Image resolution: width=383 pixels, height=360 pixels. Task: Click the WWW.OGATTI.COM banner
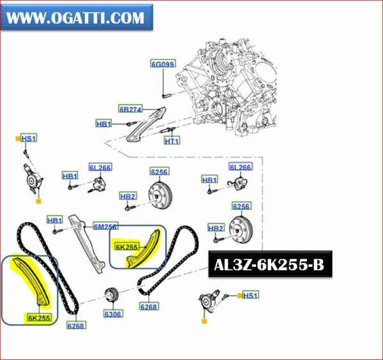tap(77, 17)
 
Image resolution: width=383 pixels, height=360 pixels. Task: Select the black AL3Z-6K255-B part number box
tap(270, 264)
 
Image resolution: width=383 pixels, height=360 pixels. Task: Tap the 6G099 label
tap(163, 64)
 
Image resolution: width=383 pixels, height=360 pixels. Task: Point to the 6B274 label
tap(131, 109)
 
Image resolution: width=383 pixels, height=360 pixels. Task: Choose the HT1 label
tap(172, 140)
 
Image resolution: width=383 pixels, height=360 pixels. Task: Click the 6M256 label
tap(106, 227)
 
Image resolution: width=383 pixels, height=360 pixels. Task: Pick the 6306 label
tap(113, 314)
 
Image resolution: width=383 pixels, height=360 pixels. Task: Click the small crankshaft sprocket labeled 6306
tap(112, 295)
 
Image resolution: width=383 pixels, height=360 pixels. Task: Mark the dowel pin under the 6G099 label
tap(165, 94)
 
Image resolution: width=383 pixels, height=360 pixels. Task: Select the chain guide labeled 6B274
tap(146, 126)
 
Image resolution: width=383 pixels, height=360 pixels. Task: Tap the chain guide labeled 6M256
tap(87, 244)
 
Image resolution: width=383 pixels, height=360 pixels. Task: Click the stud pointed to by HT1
tap(167, 130)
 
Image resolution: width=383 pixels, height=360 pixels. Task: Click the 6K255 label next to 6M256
tap(127, 247)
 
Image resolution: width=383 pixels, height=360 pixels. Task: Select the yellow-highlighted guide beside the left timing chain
tap(32, 281)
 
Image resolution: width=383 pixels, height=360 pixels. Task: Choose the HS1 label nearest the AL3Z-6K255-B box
tap(250, 295)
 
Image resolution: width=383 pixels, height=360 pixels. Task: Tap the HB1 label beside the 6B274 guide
tap(103, 124)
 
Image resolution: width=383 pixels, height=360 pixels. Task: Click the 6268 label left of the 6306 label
tap(76, 326)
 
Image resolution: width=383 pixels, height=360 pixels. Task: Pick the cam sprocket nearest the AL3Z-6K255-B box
tap(241, 230)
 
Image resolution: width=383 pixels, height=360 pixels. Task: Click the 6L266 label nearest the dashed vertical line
tap(241, 167)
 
